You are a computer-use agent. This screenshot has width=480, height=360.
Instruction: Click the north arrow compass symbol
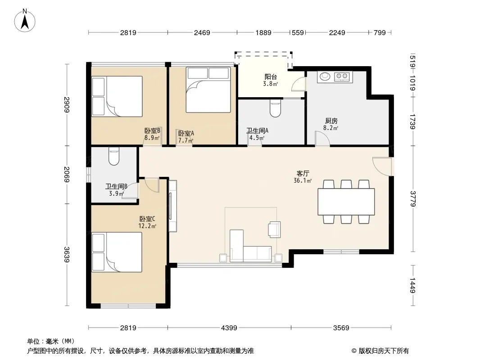click(x=25, y=21)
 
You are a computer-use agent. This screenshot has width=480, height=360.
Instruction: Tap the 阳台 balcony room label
click(x=271, y=77)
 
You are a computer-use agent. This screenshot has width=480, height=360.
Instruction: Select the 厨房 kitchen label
click(x=331, y=121)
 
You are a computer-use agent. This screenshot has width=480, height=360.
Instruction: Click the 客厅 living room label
click(x=303, y=173)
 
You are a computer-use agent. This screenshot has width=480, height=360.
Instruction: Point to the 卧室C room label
click(x=147, y=219)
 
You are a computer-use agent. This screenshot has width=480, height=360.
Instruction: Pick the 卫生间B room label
click(x=116, y=186)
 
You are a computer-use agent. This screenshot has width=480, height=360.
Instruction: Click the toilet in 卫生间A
click(x=275, y=108)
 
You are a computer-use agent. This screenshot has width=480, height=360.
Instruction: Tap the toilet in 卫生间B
click(x=114, y=156)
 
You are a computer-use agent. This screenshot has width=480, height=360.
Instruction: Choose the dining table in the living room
click(x=346, y=202)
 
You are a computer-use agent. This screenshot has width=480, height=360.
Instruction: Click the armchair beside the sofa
click(x=274, y=229)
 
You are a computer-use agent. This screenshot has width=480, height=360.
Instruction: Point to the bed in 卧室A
click(x=208, y=90)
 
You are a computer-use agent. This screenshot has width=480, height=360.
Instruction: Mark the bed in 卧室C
click(x=117, y=252)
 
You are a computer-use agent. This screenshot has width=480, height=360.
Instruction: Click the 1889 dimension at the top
click(x=263, y=32)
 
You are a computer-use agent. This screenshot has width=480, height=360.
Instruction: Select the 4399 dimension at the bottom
click(x=229, y=328)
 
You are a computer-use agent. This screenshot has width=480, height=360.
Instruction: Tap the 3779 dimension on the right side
click(x=413, y=198)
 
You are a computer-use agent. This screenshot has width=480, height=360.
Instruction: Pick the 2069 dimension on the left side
click(x=67, y=174)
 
